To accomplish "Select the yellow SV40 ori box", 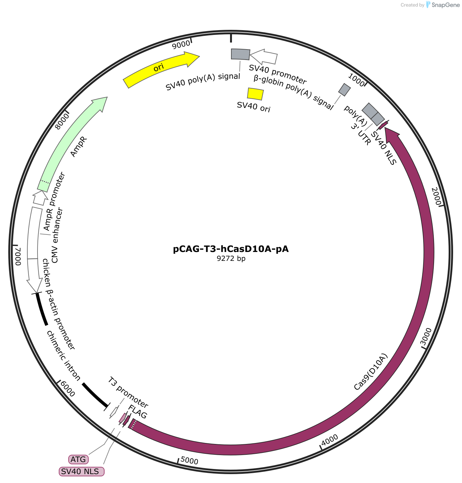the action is [255, 94].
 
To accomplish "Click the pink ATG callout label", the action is [78, 459].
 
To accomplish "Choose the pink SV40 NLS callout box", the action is [82, 471].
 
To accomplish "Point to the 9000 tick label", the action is [181, 45].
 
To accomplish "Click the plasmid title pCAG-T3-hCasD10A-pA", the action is [231, 249].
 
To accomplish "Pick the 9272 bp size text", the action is [231, 258].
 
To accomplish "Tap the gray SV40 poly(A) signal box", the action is [240, 54].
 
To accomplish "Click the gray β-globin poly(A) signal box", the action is [344, 89].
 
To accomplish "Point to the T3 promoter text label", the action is [128, 392].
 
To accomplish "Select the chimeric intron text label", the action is [64, 355].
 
